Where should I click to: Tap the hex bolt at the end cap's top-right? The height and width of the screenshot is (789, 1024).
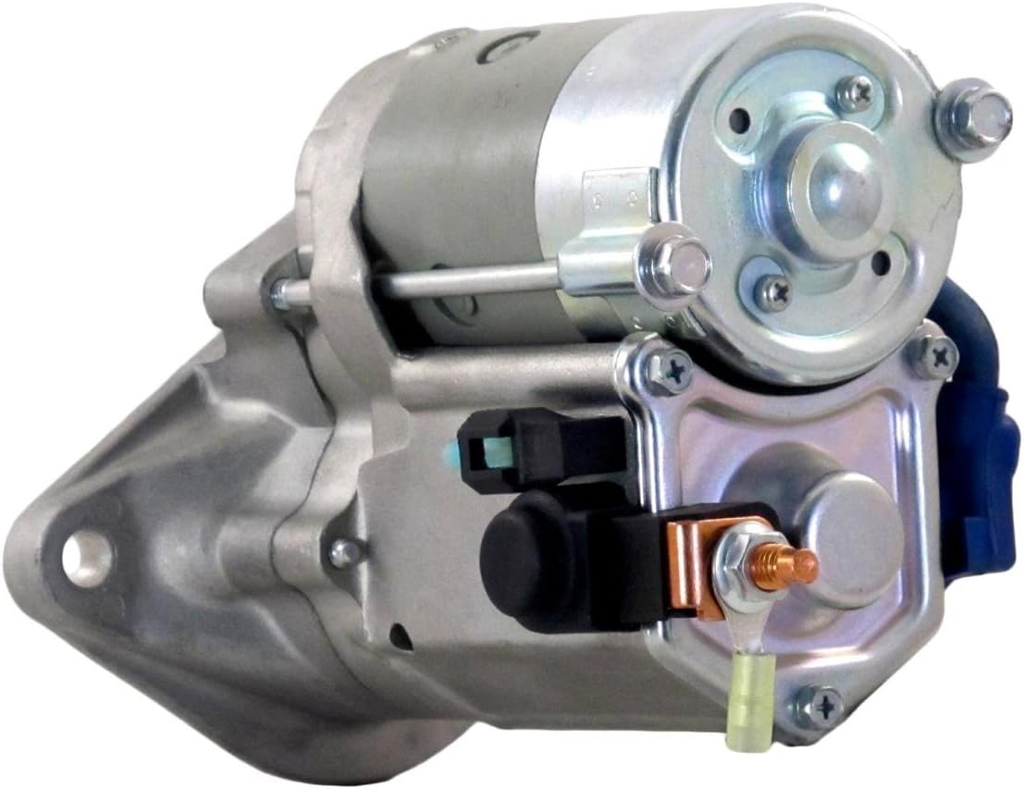pos(973,117)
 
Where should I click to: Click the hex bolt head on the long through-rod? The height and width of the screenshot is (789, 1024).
pos(679,265)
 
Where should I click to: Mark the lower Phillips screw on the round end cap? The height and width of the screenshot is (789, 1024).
pos(773,293)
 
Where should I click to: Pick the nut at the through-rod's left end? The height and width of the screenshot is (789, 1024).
pos(278,293)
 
